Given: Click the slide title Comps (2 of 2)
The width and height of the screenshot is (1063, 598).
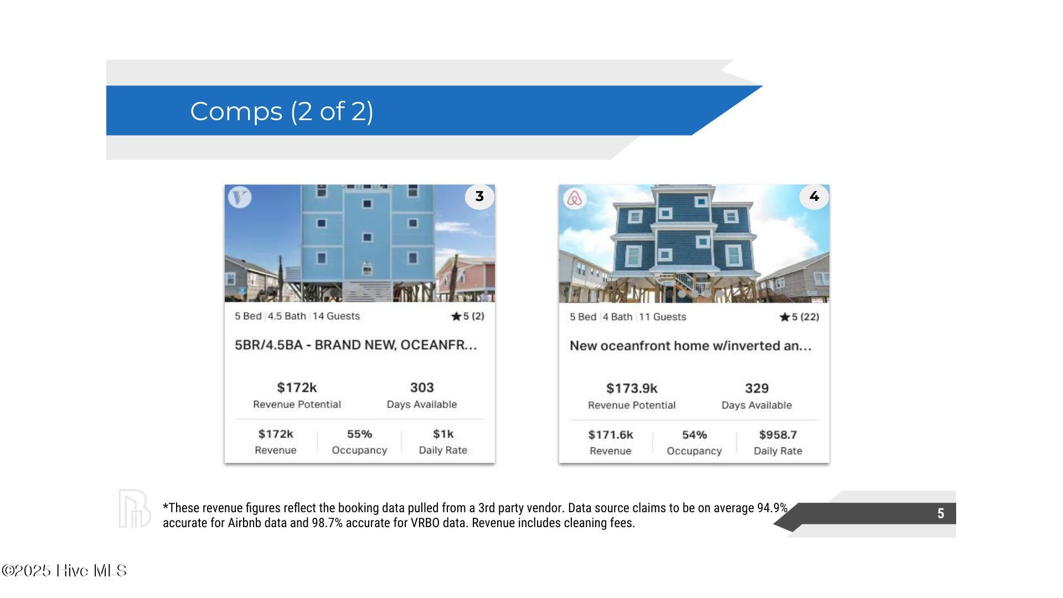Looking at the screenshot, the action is point(281,111).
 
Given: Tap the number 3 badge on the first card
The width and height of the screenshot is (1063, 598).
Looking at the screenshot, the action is point(479,197).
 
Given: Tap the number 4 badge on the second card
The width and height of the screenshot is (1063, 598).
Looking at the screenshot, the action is point(814,197).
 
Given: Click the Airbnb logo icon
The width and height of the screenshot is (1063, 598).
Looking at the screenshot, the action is point(575,198).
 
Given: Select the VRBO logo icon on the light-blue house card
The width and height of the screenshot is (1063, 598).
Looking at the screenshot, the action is point(240,197).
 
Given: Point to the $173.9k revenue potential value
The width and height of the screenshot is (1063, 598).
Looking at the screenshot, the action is point(632,388).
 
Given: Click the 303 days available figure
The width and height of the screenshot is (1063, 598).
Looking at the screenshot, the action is point(422,388).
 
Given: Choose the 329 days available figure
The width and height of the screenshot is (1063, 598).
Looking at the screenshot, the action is point(757,388).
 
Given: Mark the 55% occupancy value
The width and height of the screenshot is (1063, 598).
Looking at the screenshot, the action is point(359,434).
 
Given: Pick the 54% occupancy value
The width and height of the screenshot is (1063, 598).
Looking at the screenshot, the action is point(694,435).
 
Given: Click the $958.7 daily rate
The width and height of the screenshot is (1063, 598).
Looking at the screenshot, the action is point(778,435).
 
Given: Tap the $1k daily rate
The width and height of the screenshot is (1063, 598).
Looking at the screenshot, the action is point(443,434).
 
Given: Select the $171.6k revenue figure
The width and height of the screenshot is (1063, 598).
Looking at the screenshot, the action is point(611,435).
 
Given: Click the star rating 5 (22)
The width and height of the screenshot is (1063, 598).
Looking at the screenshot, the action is point(799,317).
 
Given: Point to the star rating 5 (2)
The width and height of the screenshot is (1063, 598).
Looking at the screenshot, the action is point(468,316).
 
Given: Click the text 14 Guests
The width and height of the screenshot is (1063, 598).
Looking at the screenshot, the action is point(336,316).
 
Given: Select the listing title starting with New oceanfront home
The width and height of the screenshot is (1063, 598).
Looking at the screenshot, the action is point(690,346).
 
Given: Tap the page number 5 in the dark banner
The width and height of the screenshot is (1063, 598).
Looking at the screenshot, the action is point(941,513).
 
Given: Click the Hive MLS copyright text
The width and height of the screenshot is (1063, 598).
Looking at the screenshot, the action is point(64,571).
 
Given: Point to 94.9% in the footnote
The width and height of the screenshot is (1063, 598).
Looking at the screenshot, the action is point(772,508).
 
